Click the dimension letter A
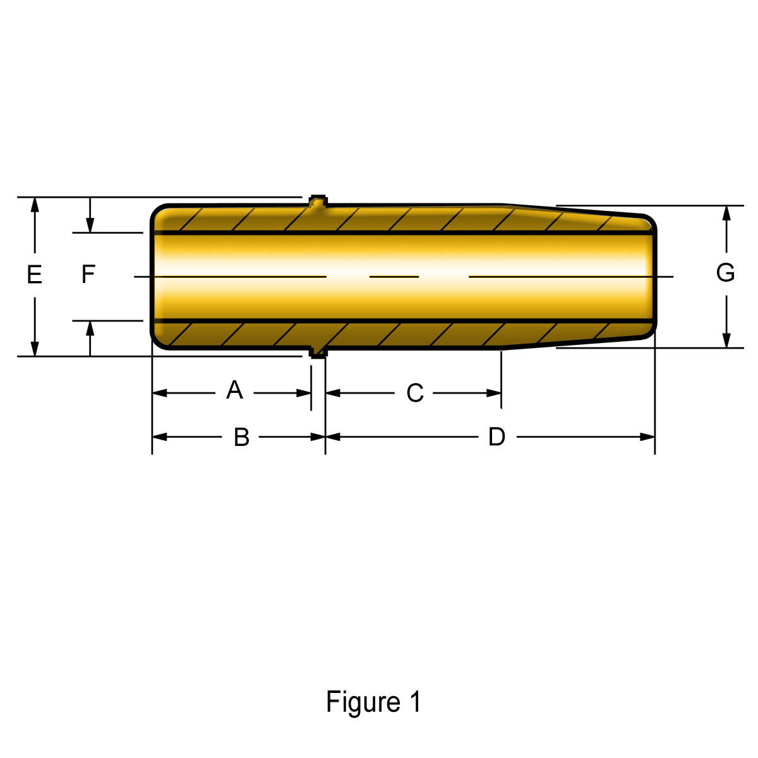pyautogui.click(x=234, y=390)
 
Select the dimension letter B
pyautogui.click(x=241, y=437)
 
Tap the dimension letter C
pyautogui.click(x=414, y=393)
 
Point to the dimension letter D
pyautogui.click(x=496, y=436)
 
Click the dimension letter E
pyautogui.click(x=34, y=275)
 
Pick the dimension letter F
pyautogui.click(x=88, y=275)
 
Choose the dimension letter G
pyautogui.click(x=725, y=273)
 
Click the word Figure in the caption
pyautogui.click(x=363, y=702)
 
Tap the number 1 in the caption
pyautogui.click(x=415, y=702)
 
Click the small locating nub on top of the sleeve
pyautogui.click(x=318, y=202)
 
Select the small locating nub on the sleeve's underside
pyautogui.click(x=318, y=352)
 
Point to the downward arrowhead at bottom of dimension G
pyautogui.click(x=726, y=340)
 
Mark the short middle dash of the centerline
pyautogui.click(x=394, y=276)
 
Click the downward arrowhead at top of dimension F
pyautogui.click(x=90, y=226)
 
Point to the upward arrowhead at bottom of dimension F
pyautogui.click(x=90, y=328)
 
